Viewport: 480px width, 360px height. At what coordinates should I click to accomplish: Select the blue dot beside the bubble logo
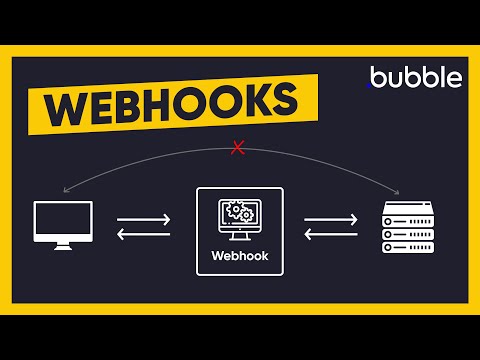click(372, 83)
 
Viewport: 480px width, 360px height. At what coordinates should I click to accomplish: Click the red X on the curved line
click(238, 149)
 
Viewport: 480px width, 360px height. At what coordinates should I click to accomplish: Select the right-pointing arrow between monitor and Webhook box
click(144, 218)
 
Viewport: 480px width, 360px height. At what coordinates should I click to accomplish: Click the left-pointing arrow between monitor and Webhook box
click(144, 236)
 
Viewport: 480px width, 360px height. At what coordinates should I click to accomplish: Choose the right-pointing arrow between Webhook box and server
click(331, 218)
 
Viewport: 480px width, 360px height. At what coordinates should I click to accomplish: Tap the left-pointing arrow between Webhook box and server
click(331, 236)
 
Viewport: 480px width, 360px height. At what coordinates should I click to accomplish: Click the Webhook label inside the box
click(240, 254)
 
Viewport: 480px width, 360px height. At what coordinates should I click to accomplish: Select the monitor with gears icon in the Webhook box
click(240, 219)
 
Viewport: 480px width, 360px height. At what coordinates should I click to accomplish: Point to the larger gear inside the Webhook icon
click(236, 213)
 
